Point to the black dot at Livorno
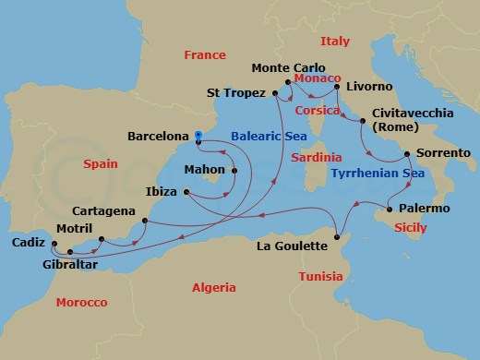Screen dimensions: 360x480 click(337, 87)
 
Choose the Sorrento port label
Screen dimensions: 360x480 click(443, 152)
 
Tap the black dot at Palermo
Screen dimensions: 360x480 click(391, 209)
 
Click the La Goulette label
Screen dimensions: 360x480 click(291, 246)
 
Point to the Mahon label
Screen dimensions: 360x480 click(205, 170)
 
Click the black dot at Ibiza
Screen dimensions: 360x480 click(185, 193)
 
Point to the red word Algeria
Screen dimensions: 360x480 click(214, 288)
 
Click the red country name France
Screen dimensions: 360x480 click(205, 55)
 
